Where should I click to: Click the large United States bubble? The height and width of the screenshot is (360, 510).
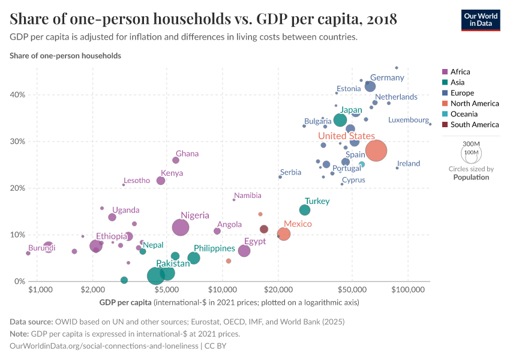pyautogui.click(x=376, y=151)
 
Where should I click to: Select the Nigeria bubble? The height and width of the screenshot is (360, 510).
pyautogui.click(x=181, y=227)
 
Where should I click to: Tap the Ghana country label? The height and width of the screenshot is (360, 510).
pyautogui.click(x=187, y=154)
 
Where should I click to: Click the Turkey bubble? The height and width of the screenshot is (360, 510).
pyautogui.click(x=305, y=210)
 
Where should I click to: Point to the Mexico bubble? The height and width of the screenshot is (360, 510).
pyautogui.click(x=284, y=234)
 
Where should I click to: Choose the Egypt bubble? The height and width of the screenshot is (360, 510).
pyautogui.click(x=244, y=251)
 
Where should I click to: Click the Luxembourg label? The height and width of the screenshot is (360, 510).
pyautogui.click(x=409, y=120)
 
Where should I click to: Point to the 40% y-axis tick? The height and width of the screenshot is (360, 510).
pyautogui.click(x=18, y=95)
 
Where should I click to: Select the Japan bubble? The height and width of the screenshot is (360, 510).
pyautogui.click(x=340, y=120)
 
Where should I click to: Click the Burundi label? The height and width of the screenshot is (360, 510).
pyautogui.click(x=41, y=248)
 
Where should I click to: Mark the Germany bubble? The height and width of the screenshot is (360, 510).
pyautogui.click(x=370, y=87)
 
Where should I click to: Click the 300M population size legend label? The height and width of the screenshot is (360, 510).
pyautogui.click(x=472, y=145)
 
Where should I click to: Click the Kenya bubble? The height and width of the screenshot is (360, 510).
pyautogui.click(x=161, y=181)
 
